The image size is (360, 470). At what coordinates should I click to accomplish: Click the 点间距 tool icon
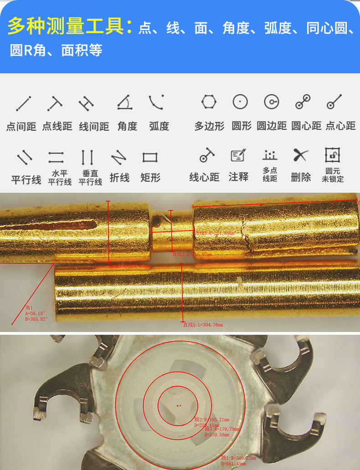[23, 103]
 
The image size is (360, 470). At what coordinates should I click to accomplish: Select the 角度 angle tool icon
[123, 102]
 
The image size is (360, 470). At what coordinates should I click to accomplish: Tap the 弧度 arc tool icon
[156, 102]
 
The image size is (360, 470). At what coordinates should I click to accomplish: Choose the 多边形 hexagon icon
[209, 102]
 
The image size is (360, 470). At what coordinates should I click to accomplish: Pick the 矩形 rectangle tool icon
[150, 158]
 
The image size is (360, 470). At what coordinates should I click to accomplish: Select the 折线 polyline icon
[118, 158]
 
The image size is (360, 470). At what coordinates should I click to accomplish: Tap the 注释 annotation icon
[238, 155]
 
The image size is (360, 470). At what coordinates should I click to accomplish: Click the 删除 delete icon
[301, 155]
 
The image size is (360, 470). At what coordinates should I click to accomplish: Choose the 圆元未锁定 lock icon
[333, 155]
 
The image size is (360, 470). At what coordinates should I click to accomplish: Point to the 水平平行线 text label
[60, 178]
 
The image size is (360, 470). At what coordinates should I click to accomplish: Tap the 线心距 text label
[204, 177]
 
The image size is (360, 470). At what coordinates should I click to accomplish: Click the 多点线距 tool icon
[270, 155]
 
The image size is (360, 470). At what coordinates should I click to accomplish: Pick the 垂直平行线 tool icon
[87, 158]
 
